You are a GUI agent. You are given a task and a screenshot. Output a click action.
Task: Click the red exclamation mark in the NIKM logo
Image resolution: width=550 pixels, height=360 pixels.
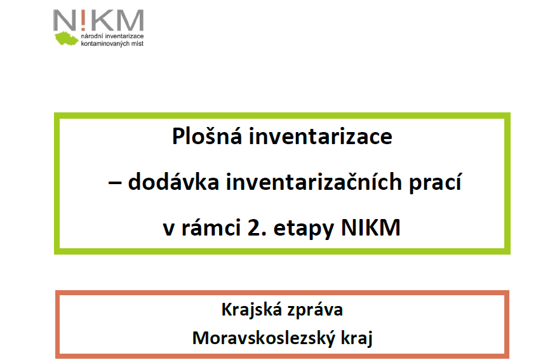(83, 20)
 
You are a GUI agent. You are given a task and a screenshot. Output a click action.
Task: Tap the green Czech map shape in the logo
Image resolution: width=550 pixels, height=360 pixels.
(66, 39)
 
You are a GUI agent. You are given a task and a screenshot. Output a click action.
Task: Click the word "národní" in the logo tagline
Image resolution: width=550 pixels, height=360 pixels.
(92, 36)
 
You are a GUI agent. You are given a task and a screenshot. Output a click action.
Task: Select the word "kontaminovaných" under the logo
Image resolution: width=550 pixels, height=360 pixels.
(105, 43)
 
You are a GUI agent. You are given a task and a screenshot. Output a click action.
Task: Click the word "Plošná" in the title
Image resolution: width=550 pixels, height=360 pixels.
(207, 136)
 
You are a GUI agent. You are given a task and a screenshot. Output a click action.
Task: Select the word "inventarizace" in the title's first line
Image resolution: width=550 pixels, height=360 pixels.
(321, 137)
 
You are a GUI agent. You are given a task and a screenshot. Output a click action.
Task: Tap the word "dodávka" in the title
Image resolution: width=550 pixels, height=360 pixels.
(173, 182)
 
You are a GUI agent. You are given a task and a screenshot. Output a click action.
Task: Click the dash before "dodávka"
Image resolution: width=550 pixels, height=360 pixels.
(115, 183)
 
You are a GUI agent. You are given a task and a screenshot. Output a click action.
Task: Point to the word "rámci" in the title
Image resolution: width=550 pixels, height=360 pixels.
(211, 227)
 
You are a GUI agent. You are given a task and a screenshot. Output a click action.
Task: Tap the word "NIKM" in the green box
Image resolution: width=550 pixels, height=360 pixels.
(370, 227)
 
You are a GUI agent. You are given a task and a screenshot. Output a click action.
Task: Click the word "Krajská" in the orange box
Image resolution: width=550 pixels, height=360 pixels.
(252, 310)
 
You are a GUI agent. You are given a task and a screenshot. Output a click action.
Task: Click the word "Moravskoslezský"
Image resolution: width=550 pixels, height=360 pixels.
(264, 338)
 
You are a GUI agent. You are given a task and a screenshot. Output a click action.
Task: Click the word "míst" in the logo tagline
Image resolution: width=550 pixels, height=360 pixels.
(137, 43)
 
